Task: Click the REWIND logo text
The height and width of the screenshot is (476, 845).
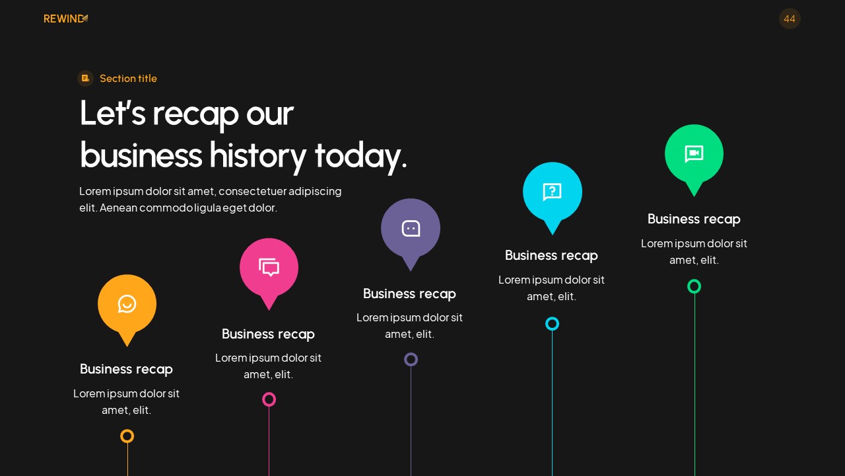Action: pos(64,19)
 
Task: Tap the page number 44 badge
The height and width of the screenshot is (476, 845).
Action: pos(790,19)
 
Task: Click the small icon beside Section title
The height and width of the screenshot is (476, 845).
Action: pos(85,79)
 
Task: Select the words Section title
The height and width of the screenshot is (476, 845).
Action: pos(128,79)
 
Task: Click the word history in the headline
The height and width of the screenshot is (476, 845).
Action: pos(258,155)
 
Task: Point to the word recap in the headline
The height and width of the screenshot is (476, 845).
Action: pos(195,113)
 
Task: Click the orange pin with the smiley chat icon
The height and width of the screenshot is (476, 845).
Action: pos(127,305)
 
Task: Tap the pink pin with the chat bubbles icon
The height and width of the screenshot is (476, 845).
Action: pos(269,268)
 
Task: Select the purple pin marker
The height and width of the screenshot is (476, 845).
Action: pos(411,229)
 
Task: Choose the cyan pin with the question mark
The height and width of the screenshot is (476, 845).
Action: pos(553,192)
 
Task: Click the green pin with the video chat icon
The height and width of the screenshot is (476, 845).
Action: pos(694,154)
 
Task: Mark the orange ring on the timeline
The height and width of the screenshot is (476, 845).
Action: pos(127,436)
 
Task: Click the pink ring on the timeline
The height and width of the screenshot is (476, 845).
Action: pos(269,399)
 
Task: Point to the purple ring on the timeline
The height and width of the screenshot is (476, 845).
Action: pos(411,360)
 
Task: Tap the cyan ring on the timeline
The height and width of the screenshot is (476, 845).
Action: pos(553,323)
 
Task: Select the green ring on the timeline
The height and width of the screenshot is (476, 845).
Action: pos(694,286)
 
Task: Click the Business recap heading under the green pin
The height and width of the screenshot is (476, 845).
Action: pos(694,219)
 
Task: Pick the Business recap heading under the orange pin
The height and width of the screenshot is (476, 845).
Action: pos(126,369)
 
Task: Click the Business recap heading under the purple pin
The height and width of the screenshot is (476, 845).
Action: pos(409,294)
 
